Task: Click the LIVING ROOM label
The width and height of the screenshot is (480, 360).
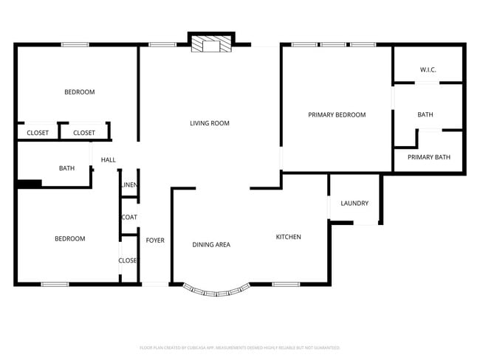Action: [x=210, y=123]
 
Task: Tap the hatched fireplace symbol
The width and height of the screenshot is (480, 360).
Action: [x=211, y=46]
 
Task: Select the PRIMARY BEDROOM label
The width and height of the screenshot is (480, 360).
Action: [x=337, y=114]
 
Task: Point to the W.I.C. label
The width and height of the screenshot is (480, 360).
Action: [x=428, y=69]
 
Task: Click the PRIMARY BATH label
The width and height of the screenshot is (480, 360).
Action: [x=428, y=156]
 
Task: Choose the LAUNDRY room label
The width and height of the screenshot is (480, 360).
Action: [x=354, y=204]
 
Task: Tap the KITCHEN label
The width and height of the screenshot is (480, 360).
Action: [x=288, y=237]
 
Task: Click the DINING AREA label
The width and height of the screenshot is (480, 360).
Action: [x=211, y=244]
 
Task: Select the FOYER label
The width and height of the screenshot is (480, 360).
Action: [x=154, y=240]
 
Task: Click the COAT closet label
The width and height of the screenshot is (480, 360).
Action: [x=129, y=217]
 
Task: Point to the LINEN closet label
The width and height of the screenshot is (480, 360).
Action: [x=129, y=184]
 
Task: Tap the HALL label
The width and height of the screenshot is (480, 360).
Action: [x=109, y=159]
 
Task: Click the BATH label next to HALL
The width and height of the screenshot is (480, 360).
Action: [x=66, y=168]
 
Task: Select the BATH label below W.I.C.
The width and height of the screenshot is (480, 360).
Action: [x=425, y=114]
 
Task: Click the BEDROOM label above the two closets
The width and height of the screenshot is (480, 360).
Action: [x=79, y=91]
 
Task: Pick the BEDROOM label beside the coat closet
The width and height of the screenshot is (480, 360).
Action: [x=69, y=238]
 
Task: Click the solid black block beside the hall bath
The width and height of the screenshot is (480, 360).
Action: [x=29, y=184]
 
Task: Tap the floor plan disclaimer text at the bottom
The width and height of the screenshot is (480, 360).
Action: [x=239, y=347]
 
